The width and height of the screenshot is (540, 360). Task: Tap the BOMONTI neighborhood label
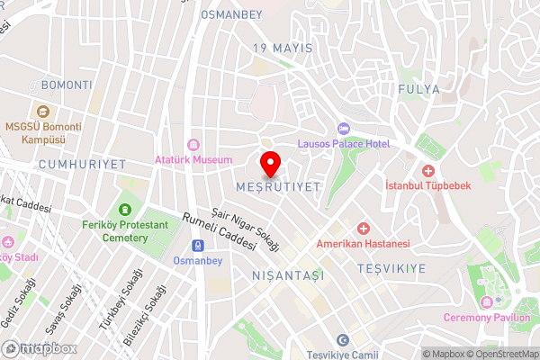coord(67,85)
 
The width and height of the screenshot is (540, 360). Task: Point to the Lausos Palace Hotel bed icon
coord(342,129)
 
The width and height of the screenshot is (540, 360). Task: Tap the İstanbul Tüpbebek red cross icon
coord(428,170)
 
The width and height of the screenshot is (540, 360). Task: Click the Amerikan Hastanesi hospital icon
coord(363,229)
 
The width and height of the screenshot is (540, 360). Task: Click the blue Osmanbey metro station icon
coord(197,246)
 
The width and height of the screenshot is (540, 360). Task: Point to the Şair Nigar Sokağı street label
coord(246,228)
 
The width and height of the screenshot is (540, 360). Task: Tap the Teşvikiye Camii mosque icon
coord(342,339)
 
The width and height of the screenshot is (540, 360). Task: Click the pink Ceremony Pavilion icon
coord(486,301)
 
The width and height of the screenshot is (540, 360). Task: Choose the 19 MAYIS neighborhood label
coord(283,48)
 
